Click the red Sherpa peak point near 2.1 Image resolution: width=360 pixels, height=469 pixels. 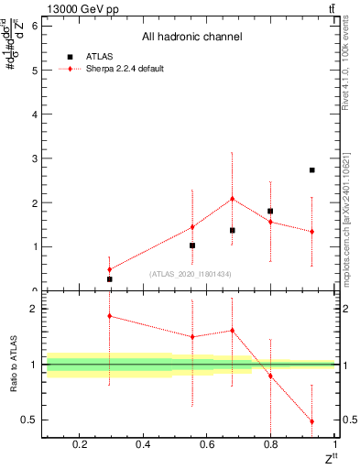coord(232,199)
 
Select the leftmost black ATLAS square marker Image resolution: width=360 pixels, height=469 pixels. coord(109,279)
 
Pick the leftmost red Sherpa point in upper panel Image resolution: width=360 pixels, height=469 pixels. coord(109,269)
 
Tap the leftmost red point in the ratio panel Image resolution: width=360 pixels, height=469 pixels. coord(109,316)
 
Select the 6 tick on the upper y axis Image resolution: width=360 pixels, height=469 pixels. coord(34,26)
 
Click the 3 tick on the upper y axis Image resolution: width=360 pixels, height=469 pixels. coord(34,158)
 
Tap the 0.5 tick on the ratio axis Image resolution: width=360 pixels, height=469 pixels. coord(30,420)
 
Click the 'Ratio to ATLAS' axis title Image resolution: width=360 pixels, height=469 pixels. coord(13,365)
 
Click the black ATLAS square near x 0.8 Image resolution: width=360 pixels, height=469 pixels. coord(270,212)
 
